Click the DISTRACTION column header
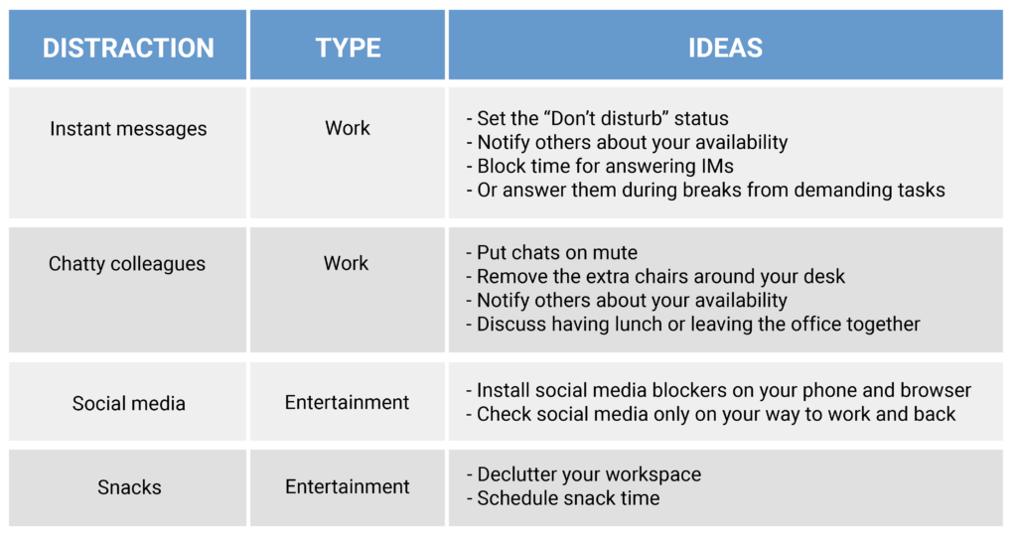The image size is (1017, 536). (x=128, y=48)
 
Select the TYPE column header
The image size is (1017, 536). (x=348, y=48)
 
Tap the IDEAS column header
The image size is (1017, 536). (x=725, y=48)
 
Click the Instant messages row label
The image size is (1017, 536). (x=128, y=129)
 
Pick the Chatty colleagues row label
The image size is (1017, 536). (x=127, y=264)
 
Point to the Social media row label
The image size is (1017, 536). (x=128, y=404)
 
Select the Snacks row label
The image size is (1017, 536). (x=128, y=487)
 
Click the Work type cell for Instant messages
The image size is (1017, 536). (x=348, y=129)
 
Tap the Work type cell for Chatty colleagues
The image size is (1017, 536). (x=347, y=264)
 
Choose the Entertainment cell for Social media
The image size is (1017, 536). (x=347, y=403)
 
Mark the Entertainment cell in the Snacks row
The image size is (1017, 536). (x=347, y=487)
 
